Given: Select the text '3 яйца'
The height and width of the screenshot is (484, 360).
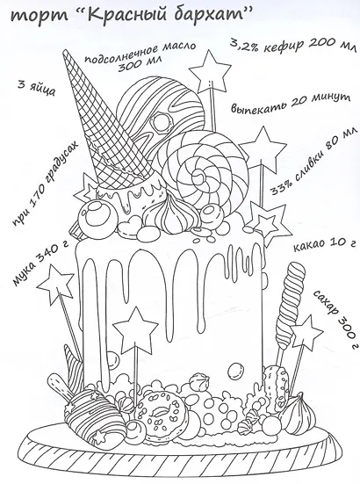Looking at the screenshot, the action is click(x=36, y=89).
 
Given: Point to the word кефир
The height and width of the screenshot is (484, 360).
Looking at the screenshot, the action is click(x=279, y=47).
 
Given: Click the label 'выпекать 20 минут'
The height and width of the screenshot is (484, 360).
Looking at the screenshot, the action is click(x=291, y=104).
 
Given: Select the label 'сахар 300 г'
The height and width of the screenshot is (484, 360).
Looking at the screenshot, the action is click(x=336, y=318).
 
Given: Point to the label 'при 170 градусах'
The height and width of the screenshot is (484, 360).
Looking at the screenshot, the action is click(x=44, y=185).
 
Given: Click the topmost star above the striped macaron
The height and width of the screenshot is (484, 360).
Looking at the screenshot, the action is click(x=210, y=70).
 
